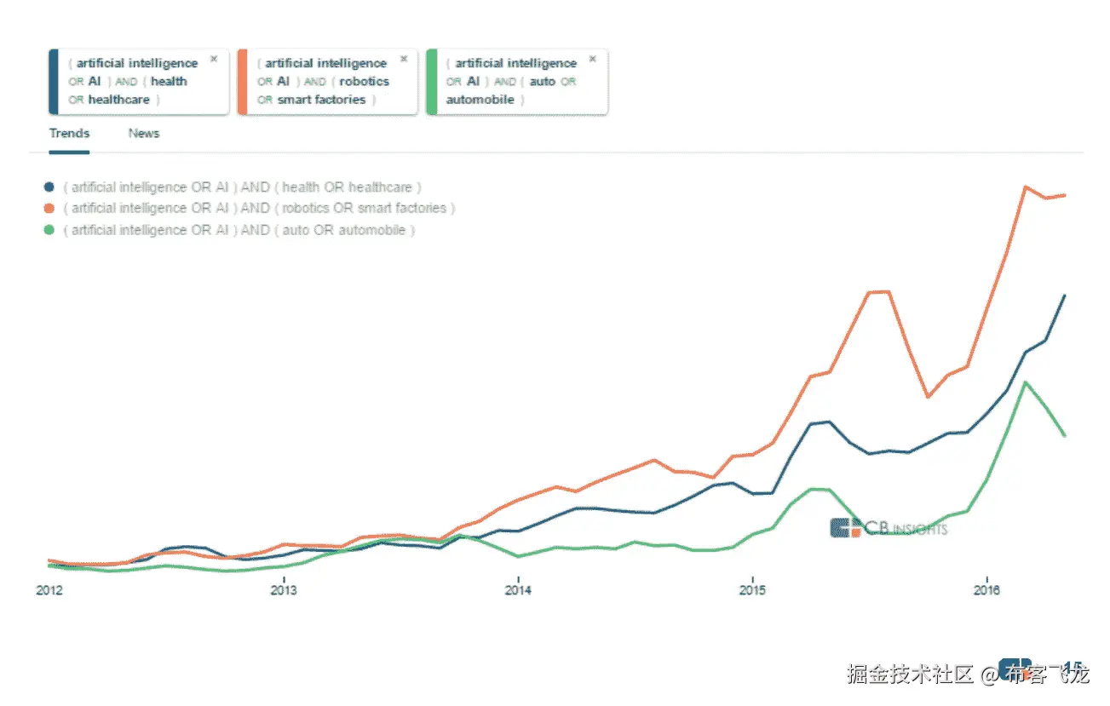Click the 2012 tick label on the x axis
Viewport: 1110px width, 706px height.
tap(49, 589)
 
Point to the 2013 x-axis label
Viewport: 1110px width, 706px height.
tap(284, 589)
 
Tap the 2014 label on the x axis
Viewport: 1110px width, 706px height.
tap(518, 589)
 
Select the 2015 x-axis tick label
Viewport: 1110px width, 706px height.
tap(752, 589)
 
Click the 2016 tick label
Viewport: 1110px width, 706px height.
tap(986, 589)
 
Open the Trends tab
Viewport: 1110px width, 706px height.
tap(69, 134)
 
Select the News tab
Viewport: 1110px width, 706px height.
tap(144, 134)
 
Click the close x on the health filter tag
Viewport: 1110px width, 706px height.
tap(214, 59)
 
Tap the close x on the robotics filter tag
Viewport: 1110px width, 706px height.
tap(404, 59)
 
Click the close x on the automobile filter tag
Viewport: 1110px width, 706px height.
tap(593, 59)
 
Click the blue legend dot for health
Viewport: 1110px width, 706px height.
tap(49, 187)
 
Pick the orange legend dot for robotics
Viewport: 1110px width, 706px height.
tap(49, 209)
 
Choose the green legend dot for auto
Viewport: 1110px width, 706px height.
tap(49, 230)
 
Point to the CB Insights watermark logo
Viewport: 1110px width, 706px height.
tap(887, 528)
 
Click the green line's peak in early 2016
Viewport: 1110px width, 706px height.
tap(1027, 382)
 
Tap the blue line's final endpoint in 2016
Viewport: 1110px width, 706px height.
tap(1065, 296)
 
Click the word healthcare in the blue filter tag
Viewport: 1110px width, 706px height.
tap(119, 100)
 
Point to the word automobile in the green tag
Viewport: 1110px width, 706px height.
tap(480, 100)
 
